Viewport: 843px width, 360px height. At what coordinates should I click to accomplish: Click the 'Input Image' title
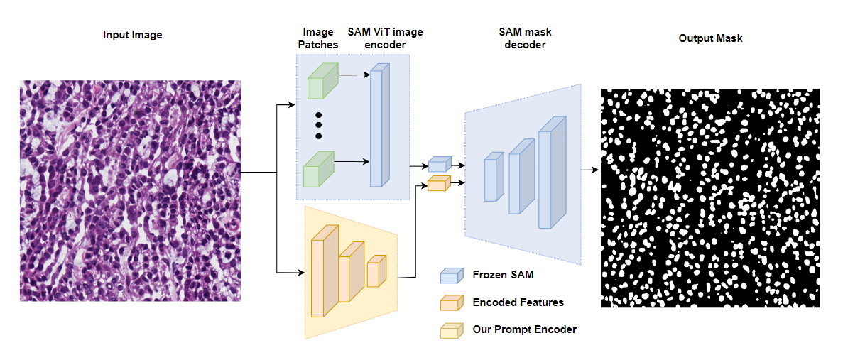point(132,35)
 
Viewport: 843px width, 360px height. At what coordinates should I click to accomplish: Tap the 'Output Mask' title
point(710,38)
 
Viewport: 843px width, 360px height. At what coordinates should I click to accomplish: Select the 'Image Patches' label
point(318,38)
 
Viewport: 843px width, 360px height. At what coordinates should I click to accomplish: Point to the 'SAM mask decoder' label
point(526,38)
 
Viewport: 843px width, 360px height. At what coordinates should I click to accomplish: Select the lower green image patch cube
point(318,170)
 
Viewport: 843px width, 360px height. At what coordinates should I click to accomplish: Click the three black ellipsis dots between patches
point(318,126)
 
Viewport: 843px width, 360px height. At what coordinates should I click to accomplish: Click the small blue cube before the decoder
point(440,164)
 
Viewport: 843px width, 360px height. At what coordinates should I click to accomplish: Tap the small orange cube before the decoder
point(440,183)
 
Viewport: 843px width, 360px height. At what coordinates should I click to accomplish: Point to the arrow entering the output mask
point(589,170)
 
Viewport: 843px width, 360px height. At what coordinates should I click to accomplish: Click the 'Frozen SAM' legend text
point(503,275)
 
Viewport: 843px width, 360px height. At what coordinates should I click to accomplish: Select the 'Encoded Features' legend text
point(518,302)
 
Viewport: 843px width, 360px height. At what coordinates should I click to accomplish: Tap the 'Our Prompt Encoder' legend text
point(524,329)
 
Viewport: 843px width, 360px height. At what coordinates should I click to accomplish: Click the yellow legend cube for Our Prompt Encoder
point(452,330)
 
